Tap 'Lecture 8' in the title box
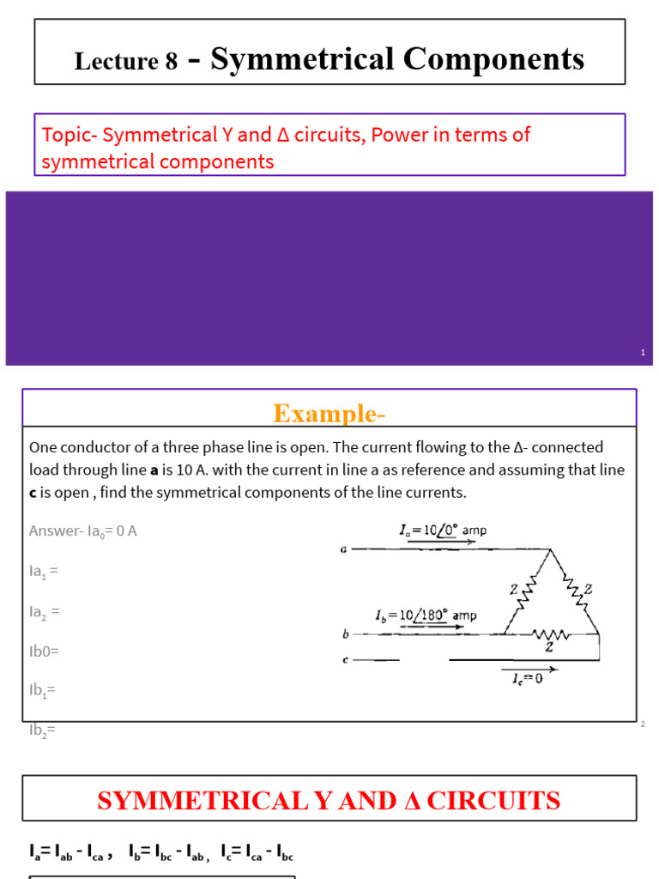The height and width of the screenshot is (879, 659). point(126,61)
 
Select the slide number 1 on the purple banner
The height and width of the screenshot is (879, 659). point(643,353)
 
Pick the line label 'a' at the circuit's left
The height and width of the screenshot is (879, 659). point(343,549)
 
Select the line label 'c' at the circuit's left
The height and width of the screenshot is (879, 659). point(343,660)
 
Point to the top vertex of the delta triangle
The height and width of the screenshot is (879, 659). point(551,549)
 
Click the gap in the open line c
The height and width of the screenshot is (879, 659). point(424,660)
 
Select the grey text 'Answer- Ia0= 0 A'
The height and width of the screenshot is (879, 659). point(83,530)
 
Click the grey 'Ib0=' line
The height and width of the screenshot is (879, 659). point(45,651)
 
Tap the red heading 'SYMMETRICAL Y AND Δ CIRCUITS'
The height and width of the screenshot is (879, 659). point(329,801)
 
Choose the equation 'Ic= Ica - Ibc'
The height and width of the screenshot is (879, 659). point(257,853)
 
